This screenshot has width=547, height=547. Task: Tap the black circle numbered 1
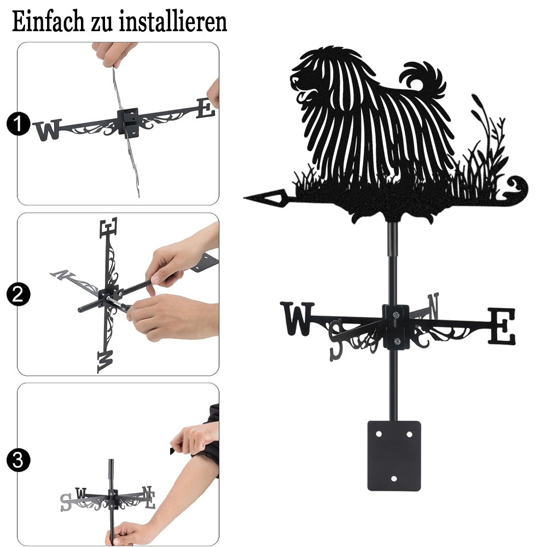pyautogui.click(x=18, y=124)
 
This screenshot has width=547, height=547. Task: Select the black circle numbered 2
pyautogui.click(x=18, y=294)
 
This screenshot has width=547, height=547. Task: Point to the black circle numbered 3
pyautogui.click(x=18, y=460)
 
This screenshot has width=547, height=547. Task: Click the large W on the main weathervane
pyautogui.click(x=297, y=318)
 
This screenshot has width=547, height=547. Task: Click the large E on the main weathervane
pyautogui.click(x=502, y=326)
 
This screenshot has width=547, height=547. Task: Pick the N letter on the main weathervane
pyautogui.click(x=433, y=306)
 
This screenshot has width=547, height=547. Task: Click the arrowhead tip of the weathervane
pyautogui.click(x=244, y=198)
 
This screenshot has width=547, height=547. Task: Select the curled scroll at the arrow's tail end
pyautogui.click(x=517, y=188)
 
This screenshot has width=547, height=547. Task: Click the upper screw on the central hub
pyautogui.click(x=395, y=315)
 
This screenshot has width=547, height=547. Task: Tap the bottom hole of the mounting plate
pyautogui.click(x=394, y=479)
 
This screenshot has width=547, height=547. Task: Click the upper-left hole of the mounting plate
pyautogui.click(x=379, y=434)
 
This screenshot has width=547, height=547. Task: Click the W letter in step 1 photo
pyautogui.click(x=48, y=130)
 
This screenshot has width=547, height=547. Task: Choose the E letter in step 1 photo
pyautogui.click(x=206, y=108)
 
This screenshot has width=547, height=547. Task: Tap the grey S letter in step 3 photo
pyautogui.click(x=65, y=503)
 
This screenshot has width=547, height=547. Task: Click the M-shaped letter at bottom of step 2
pyautogui.click(x=106, y=362)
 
